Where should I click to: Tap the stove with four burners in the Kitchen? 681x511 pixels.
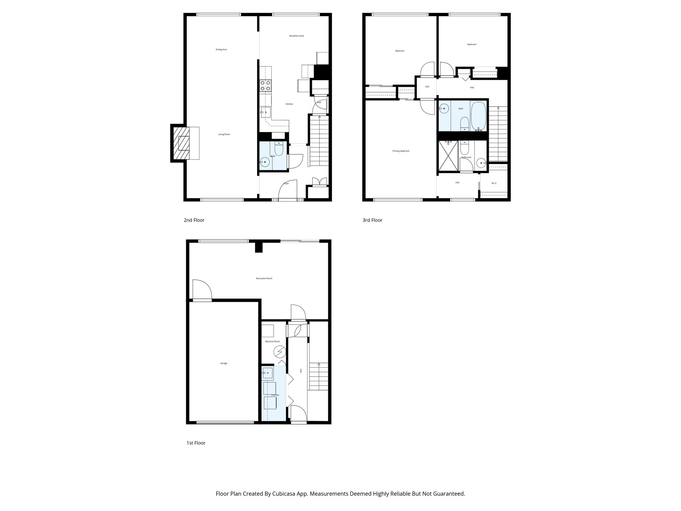click(265, 85)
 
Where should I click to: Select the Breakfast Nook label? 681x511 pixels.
click(296, 36)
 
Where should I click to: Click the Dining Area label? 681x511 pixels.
click(221, 50)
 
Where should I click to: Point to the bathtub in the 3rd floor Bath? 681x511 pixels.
click(478, 116)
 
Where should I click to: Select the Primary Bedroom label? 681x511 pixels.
click(401, 151)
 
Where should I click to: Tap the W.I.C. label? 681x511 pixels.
click(494, 183)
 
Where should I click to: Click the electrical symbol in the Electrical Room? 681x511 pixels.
click(279, 351)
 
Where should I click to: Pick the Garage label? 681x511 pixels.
click(223, 363)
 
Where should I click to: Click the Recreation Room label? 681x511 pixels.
click(264, 278)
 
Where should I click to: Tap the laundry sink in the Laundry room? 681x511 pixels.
click(268, 373)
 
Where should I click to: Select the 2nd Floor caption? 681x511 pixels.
click(194, 220)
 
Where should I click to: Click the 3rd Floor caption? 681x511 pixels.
click(372, 220)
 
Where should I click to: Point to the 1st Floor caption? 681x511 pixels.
click(196, 443)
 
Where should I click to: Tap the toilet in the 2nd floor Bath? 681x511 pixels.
click(279, 149)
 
